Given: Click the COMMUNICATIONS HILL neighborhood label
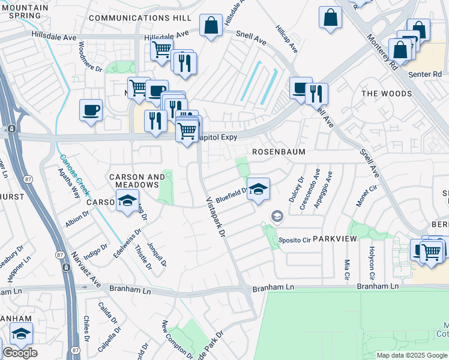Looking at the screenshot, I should (140, 18).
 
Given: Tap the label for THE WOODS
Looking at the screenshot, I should (387, 94).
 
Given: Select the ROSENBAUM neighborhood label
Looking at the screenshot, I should (279, 152).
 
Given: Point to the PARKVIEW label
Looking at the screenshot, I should (335, 239).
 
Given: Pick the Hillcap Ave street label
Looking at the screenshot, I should (286, 40).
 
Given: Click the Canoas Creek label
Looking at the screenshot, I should (74, 174).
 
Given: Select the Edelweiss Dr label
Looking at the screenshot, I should (127, 242).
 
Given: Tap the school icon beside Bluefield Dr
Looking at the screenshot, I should (258, 189).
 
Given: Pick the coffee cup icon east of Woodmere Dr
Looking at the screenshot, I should (91, 110).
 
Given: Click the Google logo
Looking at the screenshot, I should (20, 353).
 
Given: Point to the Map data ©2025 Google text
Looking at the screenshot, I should (411, 355).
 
